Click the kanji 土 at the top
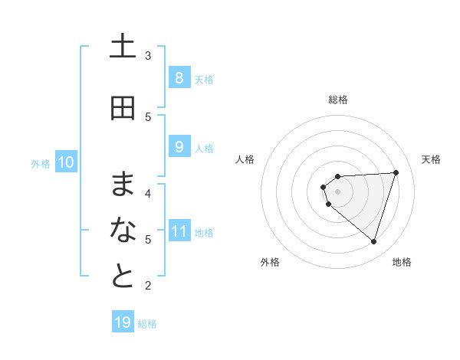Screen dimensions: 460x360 pyautogui.click(x=123, y=47)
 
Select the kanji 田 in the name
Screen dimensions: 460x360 pyautogui.click(x=123, y=109)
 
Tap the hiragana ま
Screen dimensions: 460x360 pyautogui.click(x=123, y=185)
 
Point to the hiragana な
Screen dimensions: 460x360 pyautogui.click(x=123, y=230)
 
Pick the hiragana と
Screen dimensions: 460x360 pyautogui.click(x=123, y=277)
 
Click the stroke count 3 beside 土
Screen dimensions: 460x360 pyautogui.click(x=148, y=55)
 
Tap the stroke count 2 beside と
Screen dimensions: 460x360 pyautogui.click(x=148, y=286)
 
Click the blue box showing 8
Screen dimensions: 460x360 pyautogui.click(x=179, y=77)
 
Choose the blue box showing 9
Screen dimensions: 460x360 pyautogui.click(x=179, y=146)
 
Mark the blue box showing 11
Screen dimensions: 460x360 pyautogui.click(x=179, y=231)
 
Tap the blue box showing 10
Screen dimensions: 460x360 pyautogui.click(x=66, y=162)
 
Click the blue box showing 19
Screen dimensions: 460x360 pyautogui.click(x=123, y=322)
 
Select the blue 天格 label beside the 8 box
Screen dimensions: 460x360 pyautogui.click(x=204, y=79)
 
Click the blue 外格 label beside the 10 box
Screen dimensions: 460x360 pyautogui.click(x=41, y=163)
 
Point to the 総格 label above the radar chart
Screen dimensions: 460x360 pyautogui.click(x=338, y=100)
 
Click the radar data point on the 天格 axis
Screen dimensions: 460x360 pyautogui.click(x=396, y=172)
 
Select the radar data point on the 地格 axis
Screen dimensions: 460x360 pyautogui.click(x=373, y=241)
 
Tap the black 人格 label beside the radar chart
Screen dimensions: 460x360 pyautogui.click(x=245, y=159)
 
